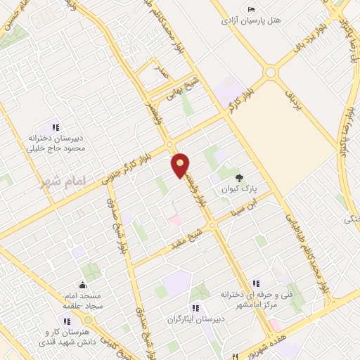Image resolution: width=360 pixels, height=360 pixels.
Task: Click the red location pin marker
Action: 181,165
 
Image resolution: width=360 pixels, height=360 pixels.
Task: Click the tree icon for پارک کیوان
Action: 240,178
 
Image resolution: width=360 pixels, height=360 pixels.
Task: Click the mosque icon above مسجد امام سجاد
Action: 83,285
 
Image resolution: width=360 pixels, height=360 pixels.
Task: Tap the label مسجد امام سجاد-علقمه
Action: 82,300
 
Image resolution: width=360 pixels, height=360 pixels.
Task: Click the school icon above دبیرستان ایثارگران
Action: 195,307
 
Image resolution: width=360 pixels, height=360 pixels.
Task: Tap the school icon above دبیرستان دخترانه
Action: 55,127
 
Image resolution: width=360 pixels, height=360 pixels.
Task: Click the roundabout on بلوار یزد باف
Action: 271,72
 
